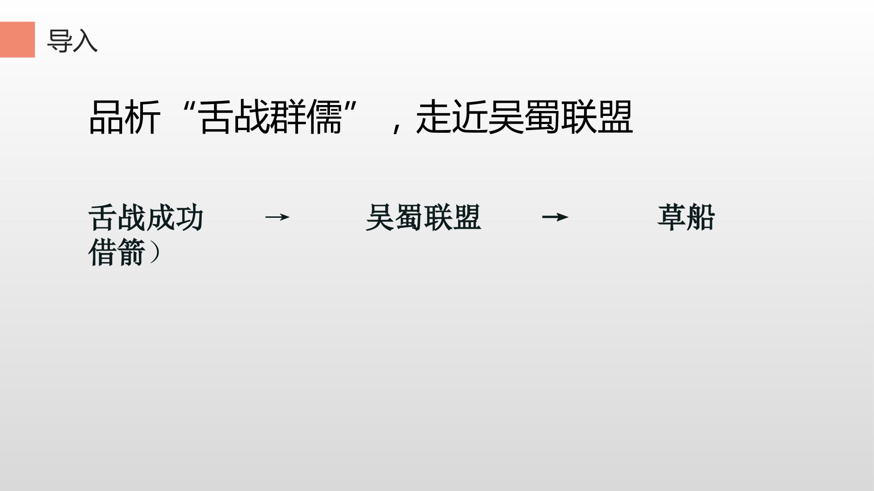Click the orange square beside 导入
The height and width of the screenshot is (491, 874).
(x=17, y=40)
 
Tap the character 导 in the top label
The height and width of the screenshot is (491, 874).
(x=60, y=41)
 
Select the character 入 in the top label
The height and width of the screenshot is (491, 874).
(x=85, y=41)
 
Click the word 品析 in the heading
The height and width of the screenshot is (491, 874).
(x=125, y=117)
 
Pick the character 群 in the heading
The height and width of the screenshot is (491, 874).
(x=288, y=117)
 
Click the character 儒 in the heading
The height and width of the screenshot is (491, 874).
(x=324, y=117)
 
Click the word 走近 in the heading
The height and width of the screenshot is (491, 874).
(x=452, y=117)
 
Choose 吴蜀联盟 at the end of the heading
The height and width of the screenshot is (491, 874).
(x=560, y=117)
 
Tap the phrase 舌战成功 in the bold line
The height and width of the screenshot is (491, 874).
(x=146, y=218)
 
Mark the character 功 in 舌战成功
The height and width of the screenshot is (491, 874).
(x=189, y=218)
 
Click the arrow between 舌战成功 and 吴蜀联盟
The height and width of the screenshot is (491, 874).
(x=277, y=217)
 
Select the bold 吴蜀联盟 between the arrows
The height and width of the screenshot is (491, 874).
(x=423, y=218)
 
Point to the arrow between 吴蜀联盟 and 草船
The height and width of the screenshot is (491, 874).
(x=555, y=217)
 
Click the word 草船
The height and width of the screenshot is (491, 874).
(x=686, y=218)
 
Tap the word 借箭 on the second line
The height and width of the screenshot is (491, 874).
(x=117, y=252)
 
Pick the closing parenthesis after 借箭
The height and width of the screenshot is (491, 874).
(x=155, y=253)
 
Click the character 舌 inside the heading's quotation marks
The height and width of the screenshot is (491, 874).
(x=216, y=117)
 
